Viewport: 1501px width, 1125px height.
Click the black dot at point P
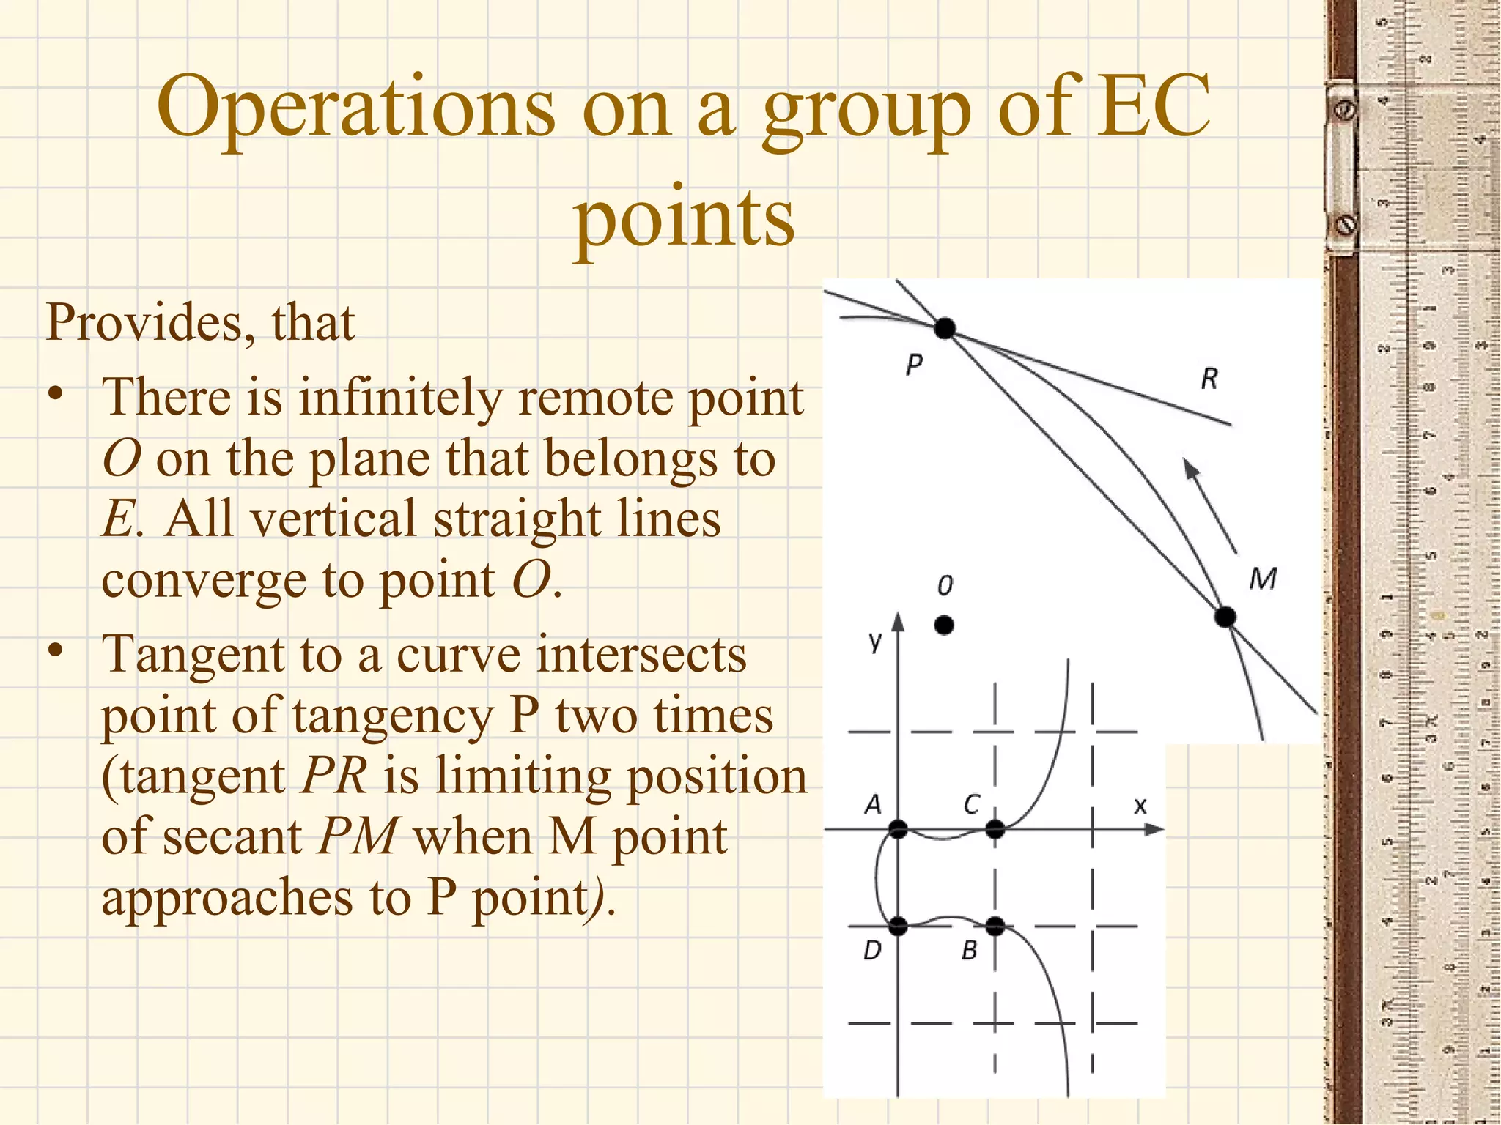(945, 328)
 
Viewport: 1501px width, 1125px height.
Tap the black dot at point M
(1225, 617)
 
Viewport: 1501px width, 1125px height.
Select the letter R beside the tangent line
(1209, 379)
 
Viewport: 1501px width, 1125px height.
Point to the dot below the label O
(944, 625)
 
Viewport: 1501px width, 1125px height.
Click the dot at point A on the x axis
(898, 830)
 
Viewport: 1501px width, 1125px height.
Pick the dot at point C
(995, 830)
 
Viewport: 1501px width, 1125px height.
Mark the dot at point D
(898, 927)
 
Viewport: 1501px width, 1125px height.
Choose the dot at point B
(995, 927)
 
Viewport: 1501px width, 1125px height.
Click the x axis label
(1140, 806)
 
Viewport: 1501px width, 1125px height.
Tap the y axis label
(875, 642)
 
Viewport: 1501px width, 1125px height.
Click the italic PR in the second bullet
(334, 776)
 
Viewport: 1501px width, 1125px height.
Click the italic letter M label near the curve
(1263, 579)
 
